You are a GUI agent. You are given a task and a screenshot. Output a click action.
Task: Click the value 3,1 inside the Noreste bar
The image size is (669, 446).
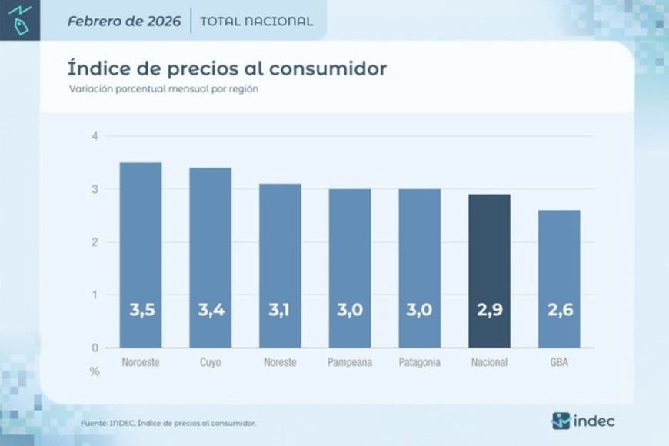[280, 311]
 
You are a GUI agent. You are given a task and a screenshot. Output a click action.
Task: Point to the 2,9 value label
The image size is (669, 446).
[490, 311]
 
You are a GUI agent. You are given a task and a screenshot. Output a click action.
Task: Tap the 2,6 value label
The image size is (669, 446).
[559, 311]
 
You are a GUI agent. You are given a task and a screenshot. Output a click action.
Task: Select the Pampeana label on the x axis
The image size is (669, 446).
[350, 362]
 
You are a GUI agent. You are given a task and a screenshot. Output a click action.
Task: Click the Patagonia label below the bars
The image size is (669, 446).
[420, 362]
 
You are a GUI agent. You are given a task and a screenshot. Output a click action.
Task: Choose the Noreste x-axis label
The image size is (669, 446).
[280, 362]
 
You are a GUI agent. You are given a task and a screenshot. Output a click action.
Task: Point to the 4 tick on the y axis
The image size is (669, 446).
[95, 136]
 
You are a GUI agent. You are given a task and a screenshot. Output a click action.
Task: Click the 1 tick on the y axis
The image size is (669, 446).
[95, 295]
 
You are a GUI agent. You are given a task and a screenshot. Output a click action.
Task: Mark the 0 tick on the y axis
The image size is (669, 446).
[95, 348]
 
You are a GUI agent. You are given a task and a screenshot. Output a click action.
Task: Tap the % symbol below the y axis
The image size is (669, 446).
[95, 371]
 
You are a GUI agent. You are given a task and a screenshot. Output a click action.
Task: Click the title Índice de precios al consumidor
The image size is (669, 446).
[227, 68]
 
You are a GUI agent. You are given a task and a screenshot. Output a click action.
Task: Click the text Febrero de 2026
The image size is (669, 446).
[124, 21]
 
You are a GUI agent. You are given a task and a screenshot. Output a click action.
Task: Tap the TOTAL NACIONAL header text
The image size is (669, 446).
[256, 22]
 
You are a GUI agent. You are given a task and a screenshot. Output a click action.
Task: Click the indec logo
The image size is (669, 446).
[583, 421]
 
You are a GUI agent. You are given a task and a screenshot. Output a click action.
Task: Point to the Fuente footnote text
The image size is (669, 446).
[168, 423]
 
